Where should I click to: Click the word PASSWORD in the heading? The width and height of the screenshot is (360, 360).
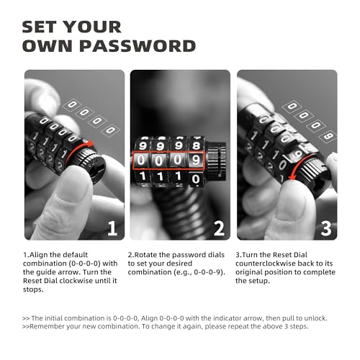(x=138, y=46)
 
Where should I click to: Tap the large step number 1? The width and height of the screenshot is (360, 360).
(x=112, y=228)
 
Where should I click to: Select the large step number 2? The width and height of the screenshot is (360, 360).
(x=219, y=228)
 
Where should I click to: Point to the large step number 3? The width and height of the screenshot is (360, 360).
(x=326, y=228)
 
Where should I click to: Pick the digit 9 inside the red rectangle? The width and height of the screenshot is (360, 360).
(x=196, y=160)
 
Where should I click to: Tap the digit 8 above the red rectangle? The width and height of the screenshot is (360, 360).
(x=197, y=145)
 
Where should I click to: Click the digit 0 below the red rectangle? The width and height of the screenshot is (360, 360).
(x=196, y=179)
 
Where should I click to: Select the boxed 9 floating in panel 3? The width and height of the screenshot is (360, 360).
(x=328, y=136)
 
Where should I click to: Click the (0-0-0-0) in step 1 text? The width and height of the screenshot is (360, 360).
(x=84, y=264)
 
